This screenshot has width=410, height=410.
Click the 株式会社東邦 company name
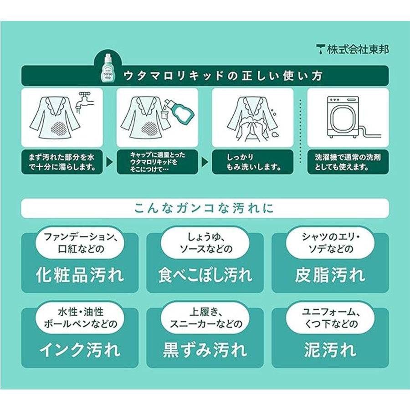pyautogui.click(x=358, y=49)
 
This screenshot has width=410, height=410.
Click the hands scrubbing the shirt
pyautogui.click(x=252, y=129)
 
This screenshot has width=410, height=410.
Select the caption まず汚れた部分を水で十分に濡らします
pyautogui.click(x=61, y=162)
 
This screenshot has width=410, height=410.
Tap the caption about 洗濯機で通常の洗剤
pyautogui.click(x=348, y=162)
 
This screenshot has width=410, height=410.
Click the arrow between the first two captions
pyautogui.click(x=110, y=162)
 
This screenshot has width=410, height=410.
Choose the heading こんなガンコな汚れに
pyautogui.click(x=205, y=208)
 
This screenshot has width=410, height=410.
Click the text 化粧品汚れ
pyautogui.click(x=80, y=275)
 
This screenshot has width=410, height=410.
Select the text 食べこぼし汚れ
pyautogui.click(x=205, y=275)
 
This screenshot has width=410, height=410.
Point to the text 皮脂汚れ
pyautogui.click(x=330, y=275)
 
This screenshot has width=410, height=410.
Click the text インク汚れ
pyautogui.click(x=80, y=350)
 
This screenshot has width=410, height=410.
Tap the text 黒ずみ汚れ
pyautogui.click(x=205, y=350)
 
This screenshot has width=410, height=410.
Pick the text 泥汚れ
pyautogui.click(x=330, y=350)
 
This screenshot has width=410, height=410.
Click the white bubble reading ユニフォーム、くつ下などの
pyautogui.click(x=330, y=318)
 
